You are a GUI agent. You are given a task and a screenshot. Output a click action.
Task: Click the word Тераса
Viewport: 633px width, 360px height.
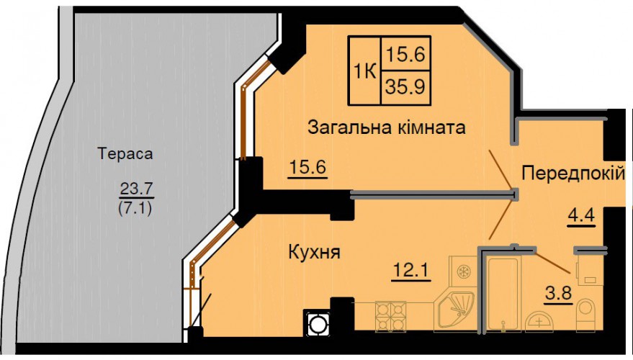tap(125, 154)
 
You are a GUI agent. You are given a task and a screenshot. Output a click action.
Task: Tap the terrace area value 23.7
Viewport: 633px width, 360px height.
tap(136, 188)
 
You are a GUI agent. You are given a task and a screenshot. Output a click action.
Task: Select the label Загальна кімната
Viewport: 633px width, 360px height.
tap(386, 128)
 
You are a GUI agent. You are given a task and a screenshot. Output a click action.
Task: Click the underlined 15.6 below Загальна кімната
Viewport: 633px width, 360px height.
tap(307, 167)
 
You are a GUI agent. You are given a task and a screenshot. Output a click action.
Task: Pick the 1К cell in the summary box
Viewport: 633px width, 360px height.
tap(365, 72)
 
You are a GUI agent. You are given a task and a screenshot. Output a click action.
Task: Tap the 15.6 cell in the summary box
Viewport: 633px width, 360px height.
tap(405, 54)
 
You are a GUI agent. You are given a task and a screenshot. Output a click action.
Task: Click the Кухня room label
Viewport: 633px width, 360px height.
tap(315, 252)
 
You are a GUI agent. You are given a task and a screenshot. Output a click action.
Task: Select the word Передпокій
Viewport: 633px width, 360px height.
tap(573, 174)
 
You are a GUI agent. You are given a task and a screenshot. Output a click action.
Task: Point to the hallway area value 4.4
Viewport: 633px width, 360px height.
tap(581, 215)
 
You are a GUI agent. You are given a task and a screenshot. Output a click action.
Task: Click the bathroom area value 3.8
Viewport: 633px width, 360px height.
tap(559, 294)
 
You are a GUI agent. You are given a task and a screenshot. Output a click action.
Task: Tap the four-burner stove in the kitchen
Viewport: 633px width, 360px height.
tap(390, 316)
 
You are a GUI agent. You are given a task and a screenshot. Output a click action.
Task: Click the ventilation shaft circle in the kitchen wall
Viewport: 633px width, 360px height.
tap(317, 323)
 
